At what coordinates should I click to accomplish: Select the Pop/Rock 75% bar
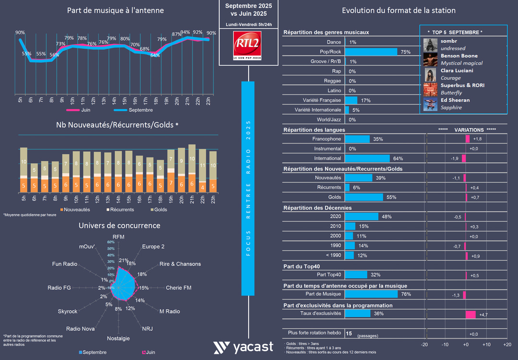click(371, 52)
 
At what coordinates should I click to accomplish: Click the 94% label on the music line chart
click(185, 33)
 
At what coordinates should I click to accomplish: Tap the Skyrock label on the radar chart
click(68, 312)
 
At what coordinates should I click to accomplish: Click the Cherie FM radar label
click(178, 288)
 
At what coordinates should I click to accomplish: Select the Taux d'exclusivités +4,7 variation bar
click(470, 314)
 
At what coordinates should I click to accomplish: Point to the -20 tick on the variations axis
click(424, 345)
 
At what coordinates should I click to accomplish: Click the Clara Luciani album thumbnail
click(430, 74)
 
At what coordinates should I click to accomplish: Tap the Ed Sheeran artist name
click(455, 100)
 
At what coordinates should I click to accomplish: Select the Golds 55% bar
click(364, 197)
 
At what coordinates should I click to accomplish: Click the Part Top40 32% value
click(375, 275)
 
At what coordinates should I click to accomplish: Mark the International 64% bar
click(367, 158)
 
